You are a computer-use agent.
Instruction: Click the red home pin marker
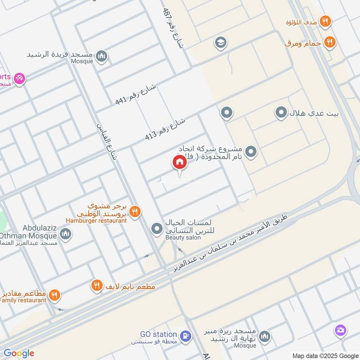coord(179,162)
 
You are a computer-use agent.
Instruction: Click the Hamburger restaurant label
coord(95,220)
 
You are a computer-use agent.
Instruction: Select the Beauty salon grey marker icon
coord(157,229)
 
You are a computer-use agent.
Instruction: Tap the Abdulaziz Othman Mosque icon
coord(66,234)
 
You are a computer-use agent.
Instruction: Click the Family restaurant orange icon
coord(54,295)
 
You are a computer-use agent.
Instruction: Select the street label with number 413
coord(165,129)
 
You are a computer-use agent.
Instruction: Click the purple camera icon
coord(341,331)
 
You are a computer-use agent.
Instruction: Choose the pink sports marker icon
coord(19,79)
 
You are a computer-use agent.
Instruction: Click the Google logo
coord(19,353)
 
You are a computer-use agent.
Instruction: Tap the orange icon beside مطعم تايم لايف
coord(96,285)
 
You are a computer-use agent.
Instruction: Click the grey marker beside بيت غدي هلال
coord(281,112)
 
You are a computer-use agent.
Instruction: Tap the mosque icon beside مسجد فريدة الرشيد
coord(103,56)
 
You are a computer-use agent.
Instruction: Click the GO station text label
coord(158,334)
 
